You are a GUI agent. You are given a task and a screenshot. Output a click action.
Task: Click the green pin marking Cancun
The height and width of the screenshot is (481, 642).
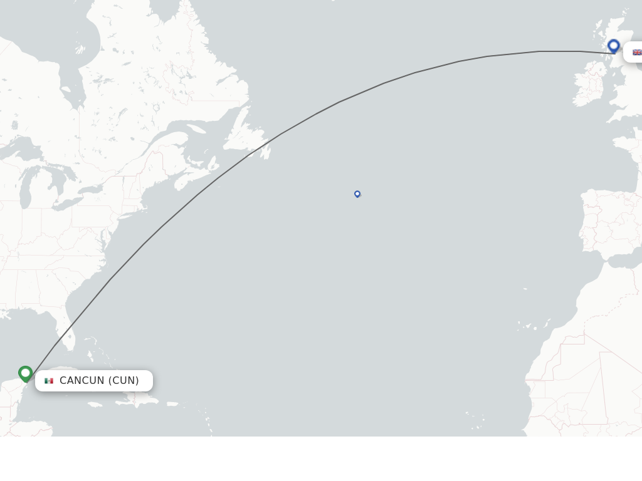coord(26,373)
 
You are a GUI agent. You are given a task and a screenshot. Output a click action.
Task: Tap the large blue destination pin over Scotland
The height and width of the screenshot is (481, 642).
coord(614,46)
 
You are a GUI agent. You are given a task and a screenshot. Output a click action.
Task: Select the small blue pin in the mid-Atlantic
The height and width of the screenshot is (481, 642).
coord(357,194)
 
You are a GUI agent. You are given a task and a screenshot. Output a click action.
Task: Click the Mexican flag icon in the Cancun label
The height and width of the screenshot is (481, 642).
coord(49,381)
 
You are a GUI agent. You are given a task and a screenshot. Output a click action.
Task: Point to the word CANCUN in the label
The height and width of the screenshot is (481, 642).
coord(82,381)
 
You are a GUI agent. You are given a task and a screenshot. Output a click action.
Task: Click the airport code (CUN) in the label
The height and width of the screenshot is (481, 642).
coord(124,381)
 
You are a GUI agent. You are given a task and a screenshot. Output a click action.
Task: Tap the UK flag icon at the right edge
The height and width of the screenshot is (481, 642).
coord(636,53)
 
